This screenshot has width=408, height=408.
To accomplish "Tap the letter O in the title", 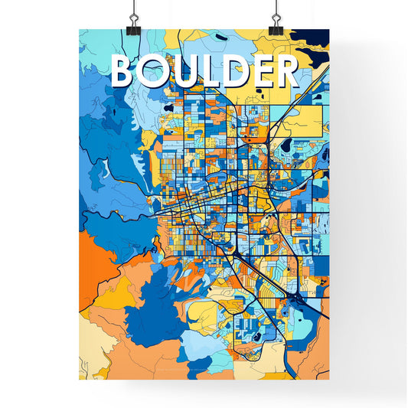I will coord(155,70).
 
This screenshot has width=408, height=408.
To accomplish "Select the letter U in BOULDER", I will coord(184,70).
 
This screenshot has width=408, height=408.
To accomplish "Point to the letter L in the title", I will coord(210,70).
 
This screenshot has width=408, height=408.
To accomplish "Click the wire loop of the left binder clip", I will coord(132,8).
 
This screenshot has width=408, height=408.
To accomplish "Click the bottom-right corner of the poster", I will coord(329,380).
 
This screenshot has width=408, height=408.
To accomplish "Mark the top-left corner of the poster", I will coord(80,30).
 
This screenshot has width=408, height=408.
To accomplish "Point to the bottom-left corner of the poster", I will coord(80,380).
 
